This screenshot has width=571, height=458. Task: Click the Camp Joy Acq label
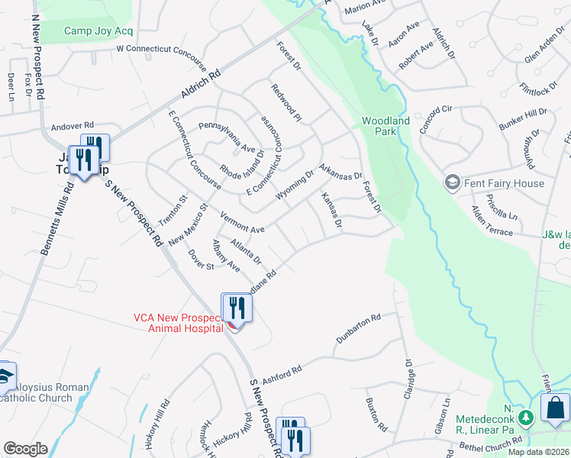coord(98,31)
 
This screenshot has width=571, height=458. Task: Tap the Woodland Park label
coord(386,126)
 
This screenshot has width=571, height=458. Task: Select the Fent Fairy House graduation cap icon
coord(452,183)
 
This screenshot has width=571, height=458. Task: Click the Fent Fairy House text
coord(504,183)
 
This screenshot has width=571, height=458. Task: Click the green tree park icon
coord(524,418)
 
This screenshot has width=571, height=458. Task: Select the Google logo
coord(25,448)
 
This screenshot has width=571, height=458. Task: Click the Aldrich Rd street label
coord(200,84)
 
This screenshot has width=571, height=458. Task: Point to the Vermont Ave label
coord(242,224)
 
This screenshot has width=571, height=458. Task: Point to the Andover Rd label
coord(72,125)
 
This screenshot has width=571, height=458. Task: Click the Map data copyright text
coord(539,452)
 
